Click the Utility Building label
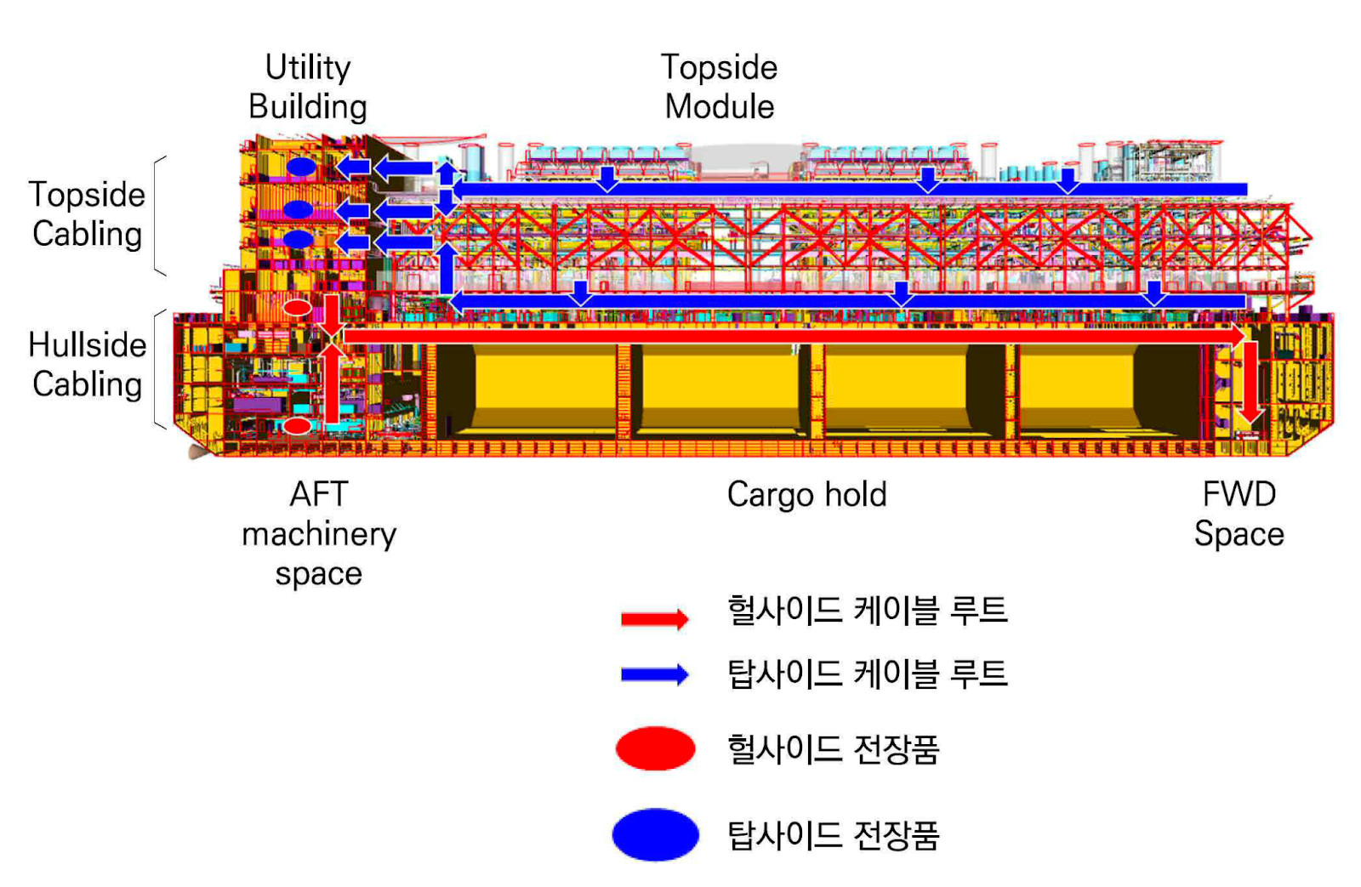tap(307, 87)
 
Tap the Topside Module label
tap(720, 87)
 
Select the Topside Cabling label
tap(87, 214)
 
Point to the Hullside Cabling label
tap(87, 365)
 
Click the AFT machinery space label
tap(319, 533)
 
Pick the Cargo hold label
tap(806, 495)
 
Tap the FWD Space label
tap(1239, 515)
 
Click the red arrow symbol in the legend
tap(654, 618)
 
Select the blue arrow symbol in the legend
tap(654, 675)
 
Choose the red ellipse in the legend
tap(655, 748)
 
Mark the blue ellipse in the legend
tap(655, 834)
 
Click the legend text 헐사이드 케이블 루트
tap(867, 611)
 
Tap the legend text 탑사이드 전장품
tap(833, 835)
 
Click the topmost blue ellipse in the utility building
tap(300, 167)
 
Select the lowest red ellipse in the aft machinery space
tap(297, 425)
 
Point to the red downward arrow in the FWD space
tap(1250, 382)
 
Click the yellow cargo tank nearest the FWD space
tap(1076, 389)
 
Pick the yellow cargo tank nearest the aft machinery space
tap(544, 389)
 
